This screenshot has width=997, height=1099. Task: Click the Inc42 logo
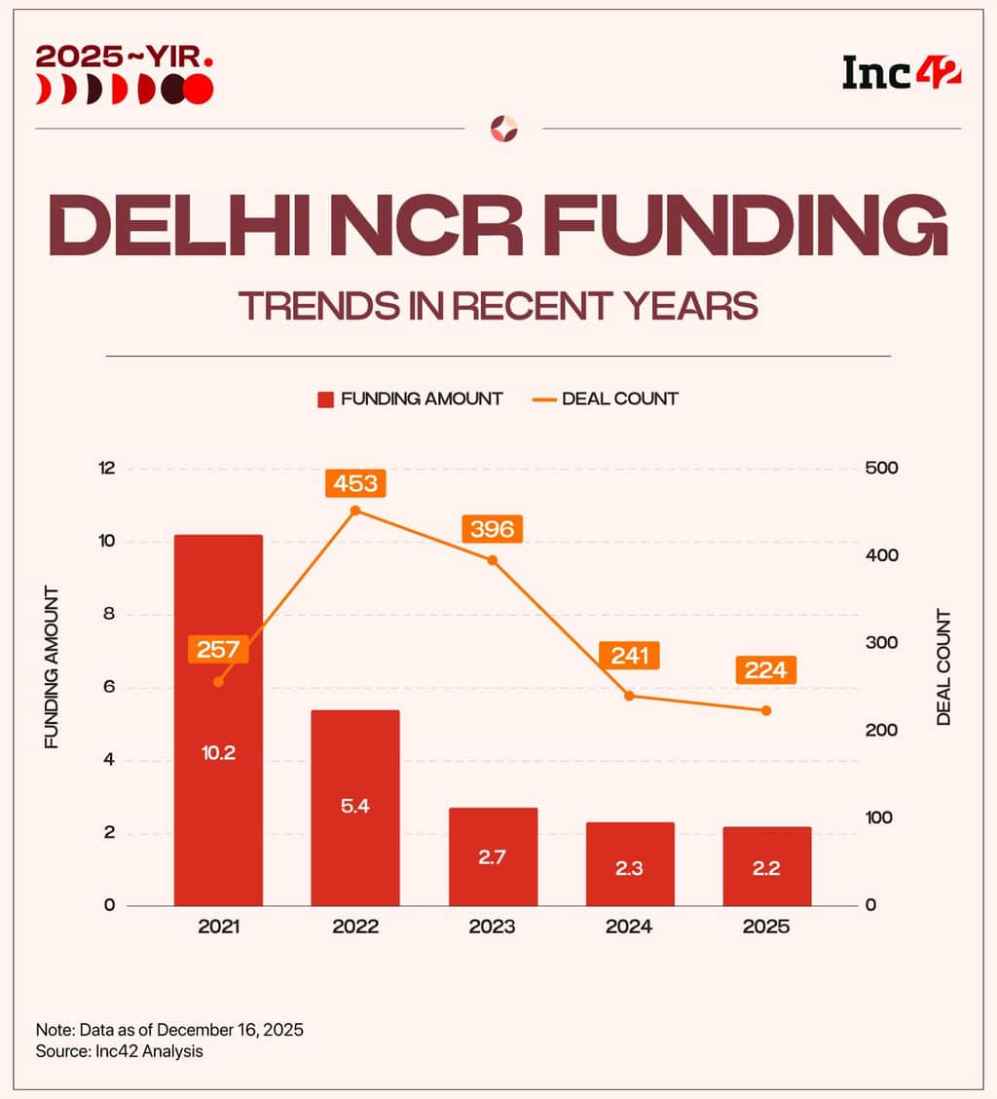coord(902,72)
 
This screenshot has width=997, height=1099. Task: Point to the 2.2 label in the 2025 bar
coord(766,868)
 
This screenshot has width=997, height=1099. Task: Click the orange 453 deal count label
coord(355,482)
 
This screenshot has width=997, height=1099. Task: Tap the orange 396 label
coord(492,528)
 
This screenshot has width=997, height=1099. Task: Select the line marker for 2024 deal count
coord(629,696)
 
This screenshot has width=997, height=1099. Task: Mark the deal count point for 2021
coord(218,681)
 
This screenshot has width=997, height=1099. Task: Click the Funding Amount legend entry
coord(410,398)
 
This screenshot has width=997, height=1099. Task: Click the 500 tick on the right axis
coord(881,469)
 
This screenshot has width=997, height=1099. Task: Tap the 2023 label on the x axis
coord(492,928)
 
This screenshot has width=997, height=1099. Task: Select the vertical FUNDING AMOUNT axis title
coord(53,667)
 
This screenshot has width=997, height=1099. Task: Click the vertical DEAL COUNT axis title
coord(943,667)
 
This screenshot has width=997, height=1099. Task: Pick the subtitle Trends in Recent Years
coord(498,306)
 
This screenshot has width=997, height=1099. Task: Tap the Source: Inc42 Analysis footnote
coord(119,1052)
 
